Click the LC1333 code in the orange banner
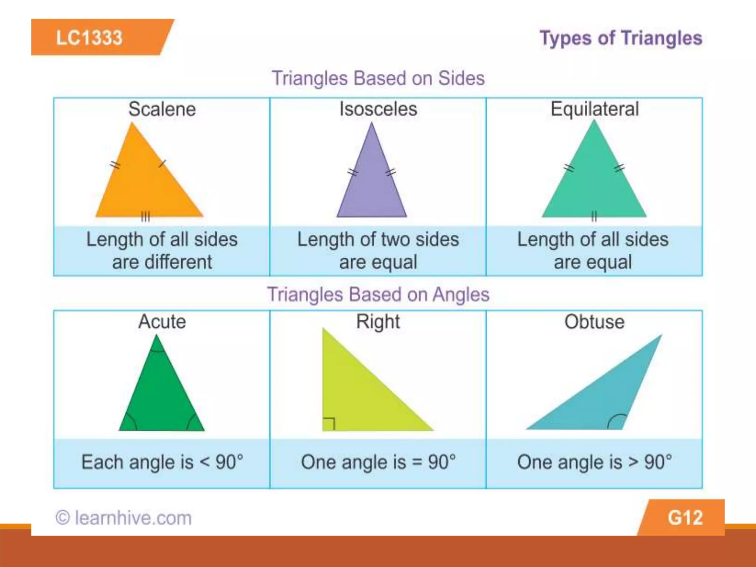point(89,38)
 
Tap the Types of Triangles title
point(621,38)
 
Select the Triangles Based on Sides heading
point(378,78)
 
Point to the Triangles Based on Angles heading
point(378,295)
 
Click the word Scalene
point(162,109)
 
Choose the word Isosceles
point(378,109)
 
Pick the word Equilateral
point(594,109)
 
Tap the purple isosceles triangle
point(372,185)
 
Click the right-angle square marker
point(329,424)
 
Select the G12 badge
point(685,518)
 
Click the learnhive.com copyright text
point(124,518)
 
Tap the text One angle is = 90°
point(378,462)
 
